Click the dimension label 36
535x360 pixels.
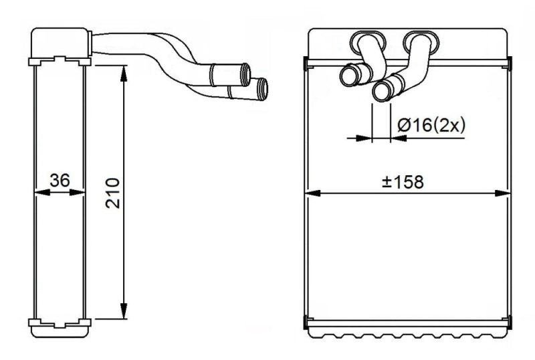pyautogui.click(x=60, y=181)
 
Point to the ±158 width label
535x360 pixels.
pyautogui.click(x=403, y=181)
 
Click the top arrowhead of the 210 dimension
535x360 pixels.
pyautogui.click(x=123, y=72)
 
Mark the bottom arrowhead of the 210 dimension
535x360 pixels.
pyautogui.click(x=123, y=312)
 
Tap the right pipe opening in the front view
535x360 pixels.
pyautogui.click(x=383, y=91)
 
